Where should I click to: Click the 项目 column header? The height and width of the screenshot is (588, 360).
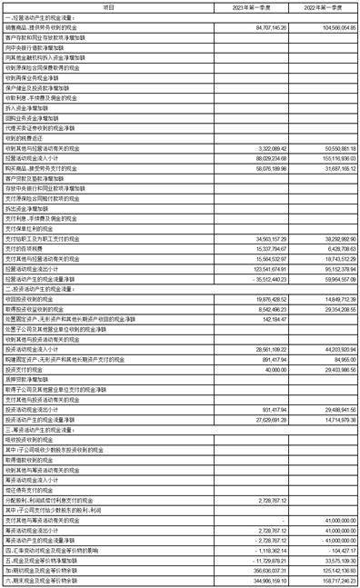click(x=108, y=5)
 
